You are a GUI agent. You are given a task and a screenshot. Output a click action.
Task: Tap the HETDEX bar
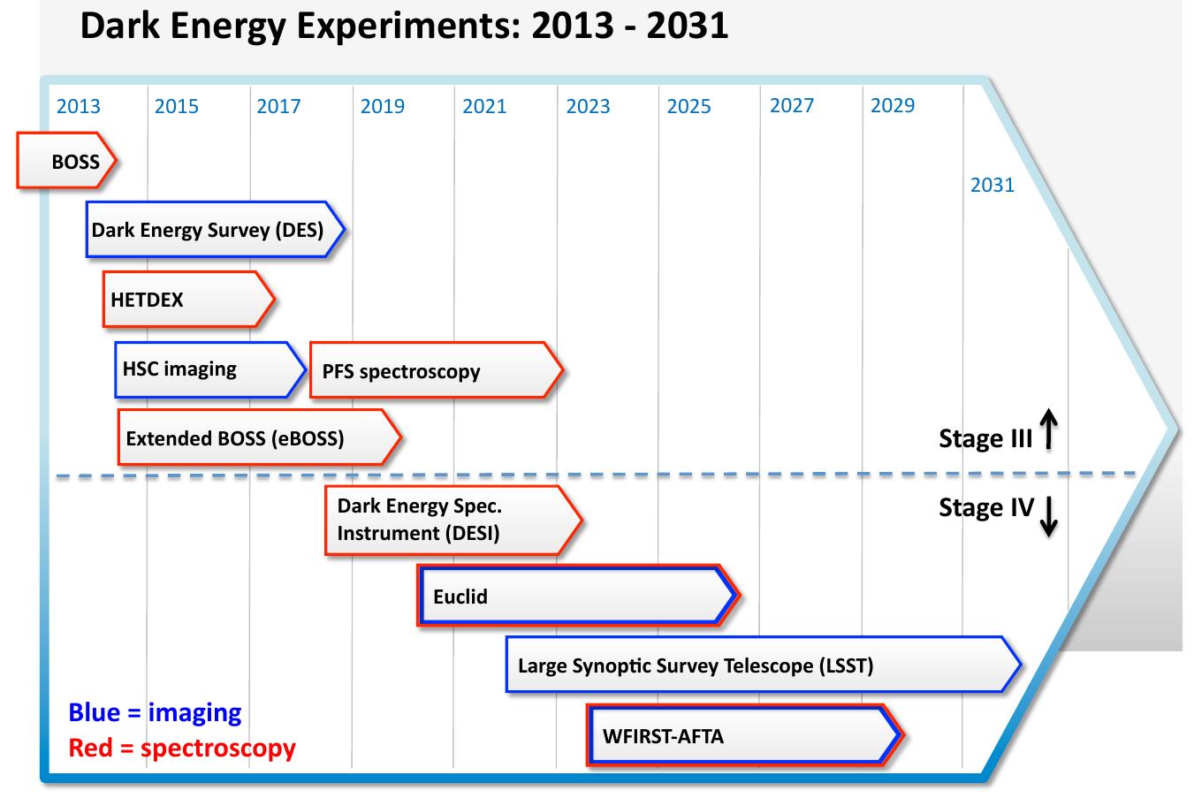[x=188, y=300]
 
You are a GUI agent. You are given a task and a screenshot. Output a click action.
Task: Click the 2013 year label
[x=79, y=107]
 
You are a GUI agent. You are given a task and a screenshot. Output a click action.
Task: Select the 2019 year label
[x=383, y=107]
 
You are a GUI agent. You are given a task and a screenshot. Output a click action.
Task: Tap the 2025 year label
[x=688, y=107]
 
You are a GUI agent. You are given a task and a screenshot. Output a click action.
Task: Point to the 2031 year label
[x=992, y=185]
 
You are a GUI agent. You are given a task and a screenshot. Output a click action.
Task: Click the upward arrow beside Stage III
[x=1048, y=430]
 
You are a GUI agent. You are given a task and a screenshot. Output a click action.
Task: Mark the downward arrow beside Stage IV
[x=1048, y=516]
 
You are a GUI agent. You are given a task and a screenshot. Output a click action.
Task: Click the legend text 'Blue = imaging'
[x=155, y=712]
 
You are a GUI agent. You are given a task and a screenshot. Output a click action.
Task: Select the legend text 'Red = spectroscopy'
[x=182, y=748]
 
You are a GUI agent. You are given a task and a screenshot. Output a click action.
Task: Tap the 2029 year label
[x=893, y=106]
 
